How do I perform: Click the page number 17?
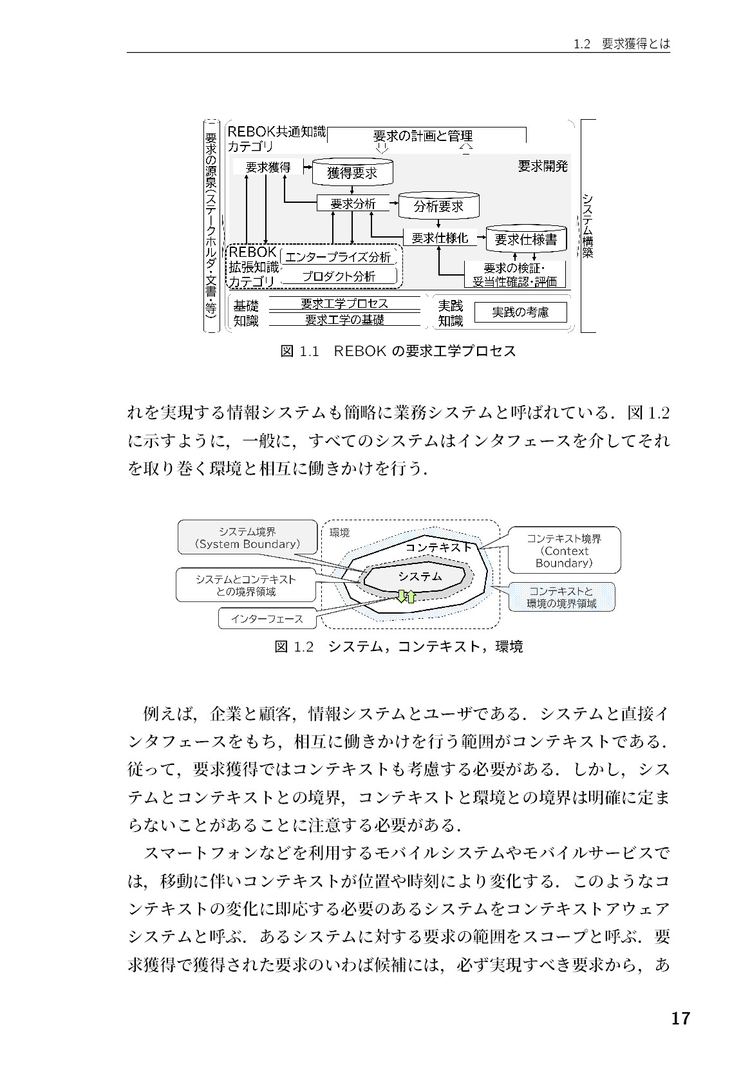click(680, 1019)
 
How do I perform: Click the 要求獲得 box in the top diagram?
click(268, 167)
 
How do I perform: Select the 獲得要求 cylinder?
click(352, 172)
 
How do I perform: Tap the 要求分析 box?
click(353, 203)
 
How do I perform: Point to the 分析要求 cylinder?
click(438, 205)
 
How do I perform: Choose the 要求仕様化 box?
click(440, 238)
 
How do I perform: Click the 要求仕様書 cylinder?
click(526, 239)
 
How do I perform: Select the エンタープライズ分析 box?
click(339, 257)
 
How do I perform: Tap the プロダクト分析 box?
click(339, 276)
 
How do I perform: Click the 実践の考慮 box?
click(520, 312)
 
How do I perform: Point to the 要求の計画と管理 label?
click(422, 136)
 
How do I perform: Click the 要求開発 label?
click(543, 166)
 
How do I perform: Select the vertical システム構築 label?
click(588, 225)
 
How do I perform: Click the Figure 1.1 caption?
click(398, 352)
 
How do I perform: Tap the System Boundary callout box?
click(248, 537)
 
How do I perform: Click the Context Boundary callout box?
click(564, 550)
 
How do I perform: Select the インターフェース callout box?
click(267, 619)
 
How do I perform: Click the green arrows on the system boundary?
click(406, 596)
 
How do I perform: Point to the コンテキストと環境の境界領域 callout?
click(561, 597)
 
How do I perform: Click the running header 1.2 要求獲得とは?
click(621, 44)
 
